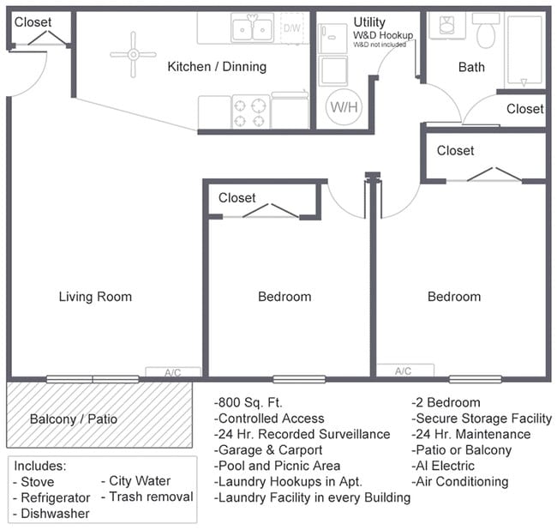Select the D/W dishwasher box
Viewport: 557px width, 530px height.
click(x=292, y=27)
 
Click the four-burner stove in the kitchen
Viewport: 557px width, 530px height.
click(x=250, y=111)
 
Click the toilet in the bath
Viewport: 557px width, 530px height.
click(x=486, y=33)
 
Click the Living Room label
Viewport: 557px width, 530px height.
click(x=95, y=297)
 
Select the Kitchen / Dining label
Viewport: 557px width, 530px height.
click(x=216, y=66)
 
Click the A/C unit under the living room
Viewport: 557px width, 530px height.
click(x=172, y=372)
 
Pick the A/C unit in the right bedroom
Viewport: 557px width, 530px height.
click(x=403, y=370)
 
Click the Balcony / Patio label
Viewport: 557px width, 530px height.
click(x=73, y=419)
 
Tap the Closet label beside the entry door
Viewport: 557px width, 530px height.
click(x=33, y=21)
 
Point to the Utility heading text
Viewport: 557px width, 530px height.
click(x=369, y=21)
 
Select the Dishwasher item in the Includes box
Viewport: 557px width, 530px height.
click(x=52, y=513)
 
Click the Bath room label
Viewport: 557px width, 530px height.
click(x=470, y=66)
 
